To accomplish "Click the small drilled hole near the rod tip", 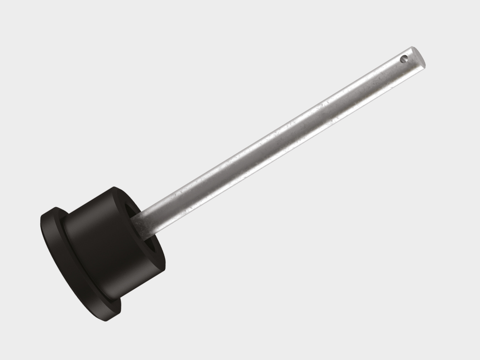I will pyautogui.click(x=404, y=59).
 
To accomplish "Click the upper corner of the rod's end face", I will pyautogui.click(x=412, y=47).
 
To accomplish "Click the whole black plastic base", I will pyautogui.click(x=94, y=253).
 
